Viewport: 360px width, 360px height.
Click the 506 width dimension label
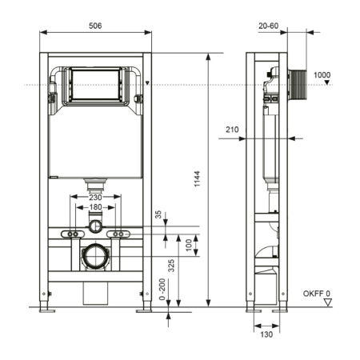(x=95, y=26)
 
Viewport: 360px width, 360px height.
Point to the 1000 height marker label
(x=322, y=75)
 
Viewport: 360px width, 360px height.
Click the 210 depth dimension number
(x=233, y=129)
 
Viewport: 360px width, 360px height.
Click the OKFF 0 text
(x=317, y=294)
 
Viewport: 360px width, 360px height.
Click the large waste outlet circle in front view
(x=96, y=258)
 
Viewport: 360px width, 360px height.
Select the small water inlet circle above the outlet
(x=96, y=226)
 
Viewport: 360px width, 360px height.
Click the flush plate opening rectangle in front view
(x=95, y=83)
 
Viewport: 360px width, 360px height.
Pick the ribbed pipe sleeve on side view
(x=300, y=84)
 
